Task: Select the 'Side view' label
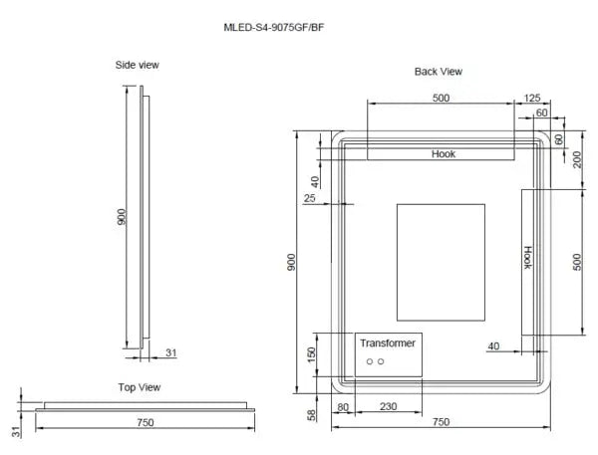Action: tap(138, 65)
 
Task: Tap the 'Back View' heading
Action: tap(439, 72)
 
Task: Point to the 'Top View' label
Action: tap(140, 387)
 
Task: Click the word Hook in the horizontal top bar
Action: tap(443, 154)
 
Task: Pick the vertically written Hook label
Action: tap(528, 258)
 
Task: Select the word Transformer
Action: tap(389, 342)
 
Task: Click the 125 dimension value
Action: tap(531, 98)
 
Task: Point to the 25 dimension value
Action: tap(309, 199)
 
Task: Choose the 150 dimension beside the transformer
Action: tap(311, 354)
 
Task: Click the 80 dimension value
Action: tap(343, 406)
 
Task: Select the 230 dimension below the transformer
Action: tap(388, 406)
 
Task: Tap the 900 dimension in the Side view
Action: tap(122, 218)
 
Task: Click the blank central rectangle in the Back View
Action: tap(440, 264)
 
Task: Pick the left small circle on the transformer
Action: tap(368, 361)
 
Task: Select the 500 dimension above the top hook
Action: tap(442, 98)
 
